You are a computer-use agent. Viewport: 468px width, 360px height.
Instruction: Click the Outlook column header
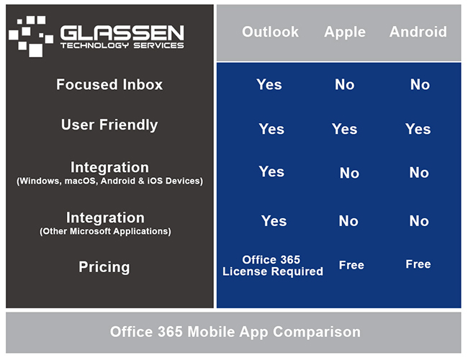click(270, 32)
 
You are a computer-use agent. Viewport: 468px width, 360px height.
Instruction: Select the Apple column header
click(345, 32)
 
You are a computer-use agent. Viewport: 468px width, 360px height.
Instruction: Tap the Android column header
click(418, 32)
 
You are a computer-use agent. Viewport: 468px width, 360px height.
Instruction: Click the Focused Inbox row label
click(109, 84)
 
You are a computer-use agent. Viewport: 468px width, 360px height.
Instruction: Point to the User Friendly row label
click(109, 125)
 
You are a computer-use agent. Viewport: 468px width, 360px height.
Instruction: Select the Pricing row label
click(104, 267)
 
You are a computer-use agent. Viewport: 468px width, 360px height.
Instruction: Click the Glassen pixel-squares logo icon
click(31, 36)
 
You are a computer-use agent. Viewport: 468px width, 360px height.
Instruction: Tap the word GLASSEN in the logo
click(122, 33)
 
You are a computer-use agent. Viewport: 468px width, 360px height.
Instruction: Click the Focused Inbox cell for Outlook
click(269, 84)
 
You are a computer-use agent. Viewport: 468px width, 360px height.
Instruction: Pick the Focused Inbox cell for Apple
click(345, 84)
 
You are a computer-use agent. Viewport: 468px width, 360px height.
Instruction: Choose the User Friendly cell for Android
click(418, 129)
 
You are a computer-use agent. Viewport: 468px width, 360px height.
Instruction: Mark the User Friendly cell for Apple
click(344, 129)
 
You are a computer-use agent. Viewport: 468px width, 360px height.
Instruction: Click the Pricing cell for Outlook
click(272, 266)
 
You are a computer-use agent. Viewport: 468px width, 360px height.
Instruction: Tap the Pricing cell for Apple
click(351, 265)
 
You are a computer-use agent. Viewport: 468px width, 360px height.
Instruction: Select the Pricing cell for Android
click(418, 264)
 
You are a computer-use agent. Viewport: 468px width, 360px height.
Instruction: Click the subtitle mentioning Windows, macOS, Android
click(109, 181)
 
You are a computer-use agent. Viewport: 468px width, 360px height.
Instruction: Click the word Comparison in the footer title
click(317, 332)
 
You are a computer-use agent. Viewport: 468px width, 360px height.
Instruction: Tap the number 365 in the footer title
click(170, 332)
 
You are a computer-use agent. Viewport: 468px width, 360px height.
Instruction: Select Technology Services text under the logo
click(122, 45)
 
